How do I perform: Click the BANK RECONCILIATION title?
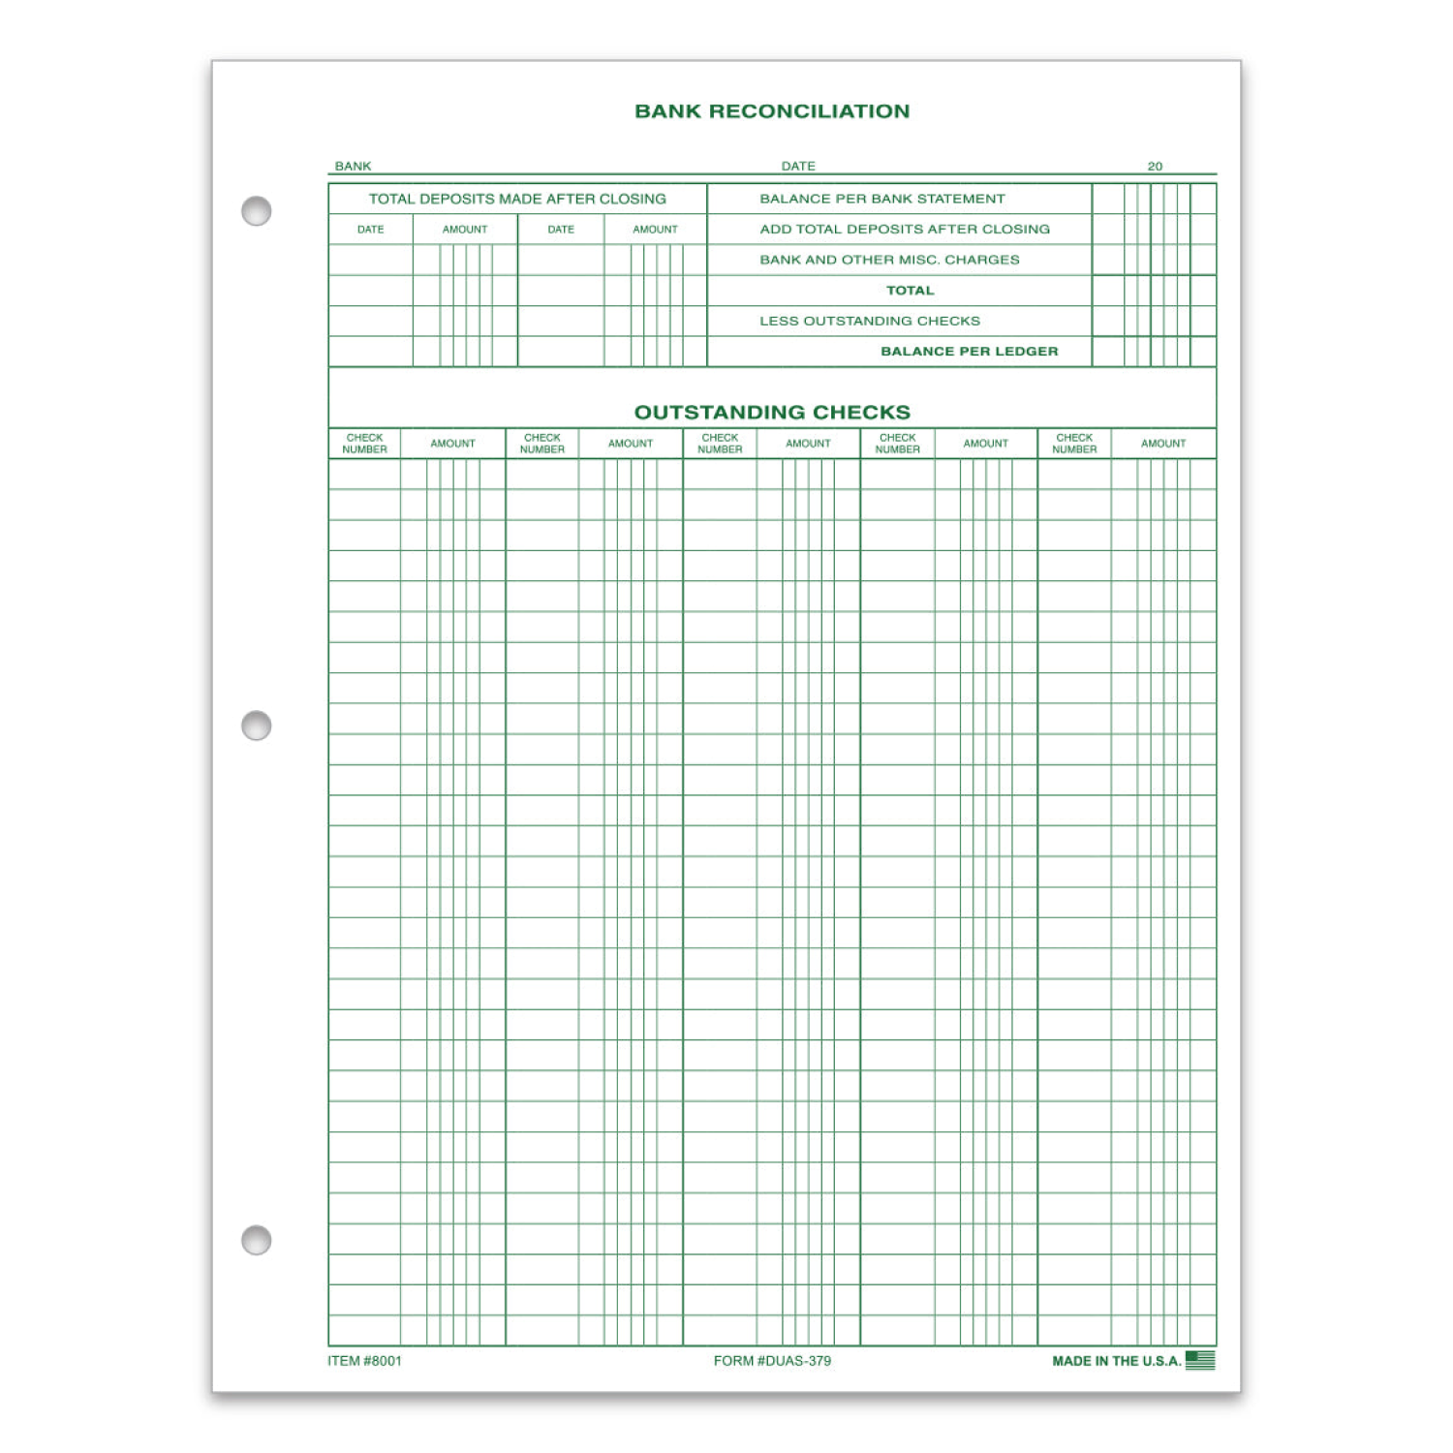[772, 111]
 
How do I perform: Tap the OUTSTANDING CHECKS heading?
[772, 412]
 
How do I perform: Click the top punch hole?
[257, 211]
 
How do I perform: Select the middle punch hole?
[257, 726]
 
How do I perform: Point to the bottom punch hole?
[257, 1240]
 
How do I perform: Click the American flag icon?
[1200, 1360]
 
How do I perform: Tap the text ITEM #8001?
[364, 1361]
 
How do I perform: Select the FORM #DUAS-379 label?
[772, 1361]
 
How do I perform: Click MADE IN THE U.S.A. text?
[1116, 1361]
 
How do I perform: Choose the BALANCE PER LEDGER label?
[969, 352]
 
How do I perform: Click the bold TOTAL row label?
[910, 291]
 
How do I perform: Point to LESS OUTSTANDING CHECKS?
[869, 321]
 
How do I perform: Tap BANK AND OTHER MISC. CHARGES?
[889, 260]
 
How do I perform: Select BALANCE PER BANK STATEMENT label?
[881, 199]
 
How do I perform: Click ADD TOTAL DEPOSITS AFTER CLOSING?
[904, 230]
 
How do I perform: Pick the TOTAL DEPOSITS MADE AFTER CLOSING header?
[517, 199]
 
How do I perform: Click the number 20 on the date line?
[1155, 167]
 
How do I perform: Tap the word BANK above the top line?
[353, 167]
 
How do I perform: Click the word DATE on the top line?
[798, 167]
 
